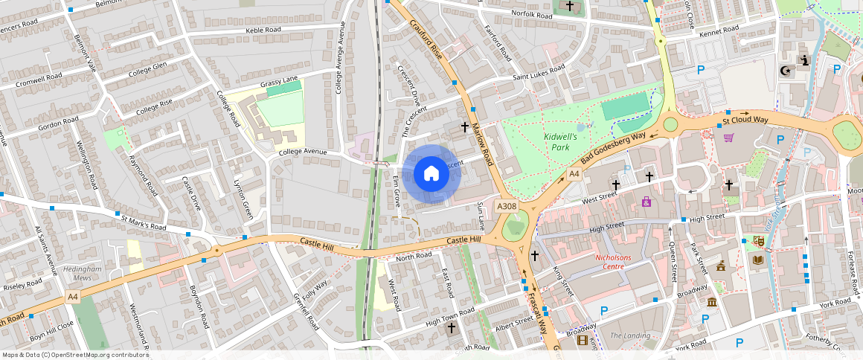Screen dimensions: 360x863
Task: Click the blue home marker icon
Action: pos(431,174)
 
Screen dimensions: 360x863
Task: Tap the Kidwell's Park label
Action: pos(561,142)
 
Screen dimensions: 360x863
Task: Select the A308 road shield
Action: pos(506,206)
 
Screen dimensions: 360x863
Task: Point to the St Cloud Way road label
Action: pos(745,120)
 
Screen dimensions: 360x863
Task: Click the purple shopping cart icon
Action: pos(728,138)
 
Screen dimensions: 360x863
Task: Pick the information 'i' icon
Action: pos(803,60)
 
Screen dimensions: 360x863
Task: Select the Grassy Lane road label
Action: pos(279,79)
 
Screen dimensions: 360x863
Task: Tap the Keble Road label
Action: pos(263,30)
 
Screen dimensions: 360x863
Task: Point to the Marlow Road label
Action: pos(483,145)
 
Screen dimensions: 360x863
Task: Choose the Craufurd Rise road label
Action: pos(427,39)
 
